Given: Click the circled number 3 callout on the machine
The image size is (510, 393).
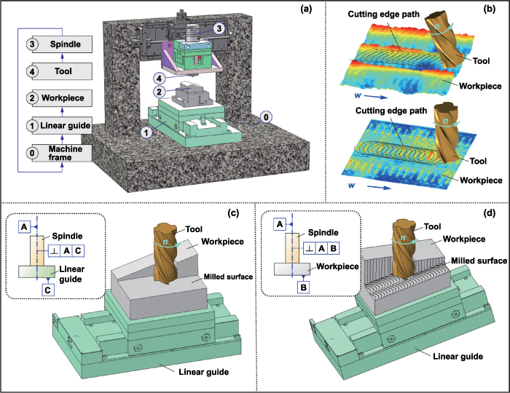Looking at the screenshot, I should [x=217, y=28].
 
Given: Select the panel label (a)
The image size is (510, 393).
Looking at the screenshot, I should [x=307, y=12].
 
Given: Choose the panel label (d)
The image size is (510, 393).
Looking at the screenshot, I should [x=490, y=213].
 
